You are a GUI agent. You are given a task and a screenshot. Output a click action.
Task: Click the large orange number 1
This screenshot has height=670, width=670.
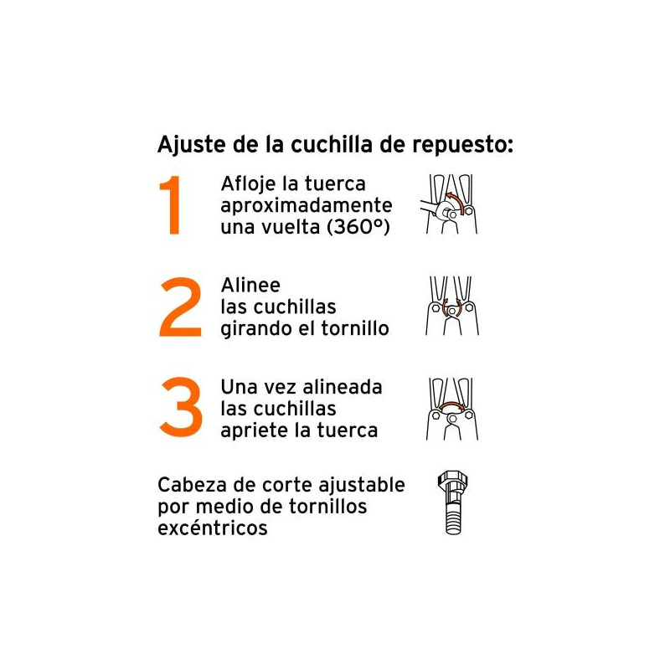click(x=171, y=205)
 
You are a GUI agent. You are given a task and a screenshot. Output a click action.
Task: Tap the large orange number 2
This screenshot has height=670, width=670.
click(x=180, y=307)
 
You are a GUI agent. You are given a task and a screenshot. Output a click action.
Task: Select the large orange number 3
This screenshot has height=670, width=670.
click(x=181, y=406)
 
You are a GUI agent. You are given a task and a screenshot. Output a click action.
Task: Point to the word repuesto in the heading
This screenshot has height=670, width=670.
click(x=462, y=146)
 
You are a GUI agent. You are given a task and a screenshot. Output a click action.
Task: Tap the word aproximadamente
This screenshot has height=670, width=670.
click(x=307, y=206)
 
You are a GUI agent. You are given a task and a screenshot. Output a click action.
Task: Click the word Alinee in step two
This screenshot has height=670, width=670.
click(x=250, y=285)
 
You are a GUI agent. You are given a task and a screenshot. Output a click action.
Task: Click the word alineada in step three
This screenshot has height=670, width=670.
click(x=343, y=387)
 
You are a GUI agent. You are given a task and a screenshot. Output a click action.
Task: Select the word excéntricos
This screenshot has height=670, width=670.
click(x=213, y=528)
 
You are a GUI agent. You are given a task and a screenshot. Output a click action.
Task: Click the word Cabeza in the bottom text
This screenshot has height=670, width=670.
click(x=193, y=485)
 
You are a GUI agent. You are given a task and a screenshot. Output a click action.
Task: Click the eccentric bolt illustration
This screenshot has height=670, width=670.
click(x=452, y=502)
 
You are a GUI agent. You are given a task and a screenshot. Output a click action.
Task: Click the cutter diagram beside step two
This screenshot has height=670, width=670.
click(x=452, y=306)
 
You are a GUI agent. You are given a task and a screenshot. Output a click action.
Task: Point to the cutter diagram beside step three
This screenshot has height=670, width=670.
click(x=452, y=409)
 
